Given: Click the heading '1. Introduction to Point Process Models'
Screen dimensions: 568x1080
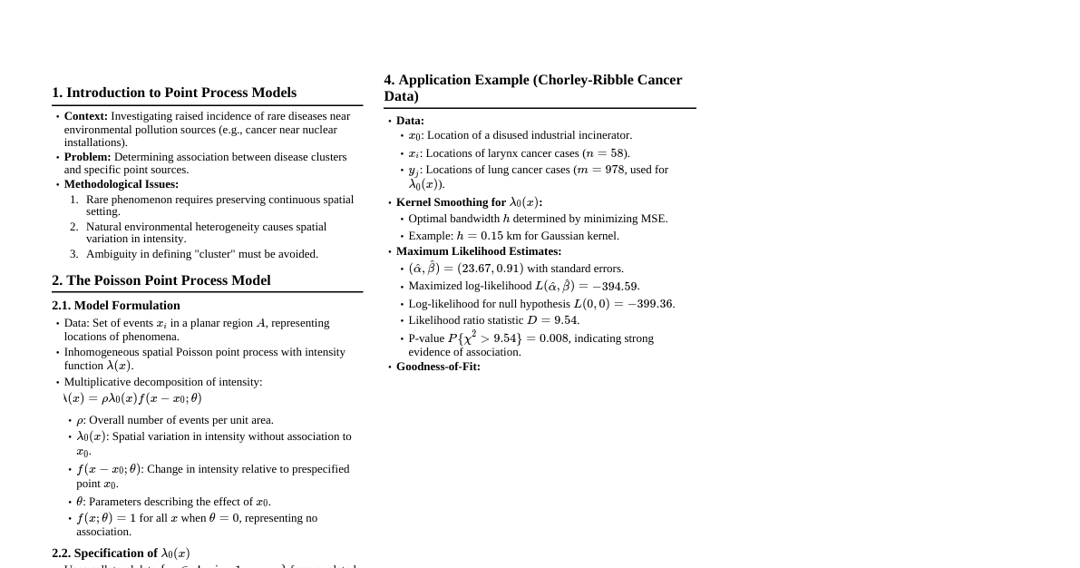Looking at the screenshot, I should [174, 93].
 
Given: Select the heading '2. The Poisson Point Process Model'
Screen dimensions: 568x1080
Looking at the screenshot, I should [161, 280].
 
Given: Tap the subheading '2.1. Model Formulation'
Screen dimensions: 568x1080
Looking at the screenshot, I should [116, 306].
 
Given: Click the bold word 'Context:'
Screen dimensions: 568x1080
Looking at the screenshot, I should [86, 116].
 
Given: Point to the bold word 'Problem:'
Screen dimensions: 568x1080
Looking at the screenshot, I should [88, 157].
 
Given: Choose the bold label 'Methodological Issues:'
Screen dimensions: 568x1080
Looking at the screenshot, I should [122, 184].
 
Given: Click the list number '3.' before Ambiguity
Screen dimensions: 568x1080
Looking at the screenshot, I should [74, 254].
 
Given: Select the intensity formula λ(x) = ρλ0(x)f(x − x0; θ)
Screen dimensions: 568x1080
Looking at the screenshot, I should [132, 398].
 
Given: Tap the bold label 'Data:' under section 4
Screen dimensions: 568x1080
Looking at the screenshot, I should [410, 121].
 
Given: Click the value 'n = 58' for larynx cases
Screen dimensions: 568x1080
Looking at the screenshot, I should [605, 153].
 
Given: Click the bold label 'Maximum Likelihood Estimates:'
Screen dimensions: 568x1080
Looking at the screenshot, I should [479, 251].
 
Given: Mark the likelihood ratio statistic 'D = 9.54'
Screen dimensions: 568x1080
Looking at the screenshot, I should [552, 320].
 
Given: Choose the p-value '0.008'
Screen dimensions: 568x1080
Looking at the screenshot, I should [553, 338].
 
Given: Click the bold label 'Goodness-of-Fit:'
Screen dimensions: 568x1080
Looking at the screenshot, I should [438, 367].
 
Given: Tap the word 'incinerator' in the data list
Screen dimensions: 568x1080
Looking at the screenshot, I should [603, 135].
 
